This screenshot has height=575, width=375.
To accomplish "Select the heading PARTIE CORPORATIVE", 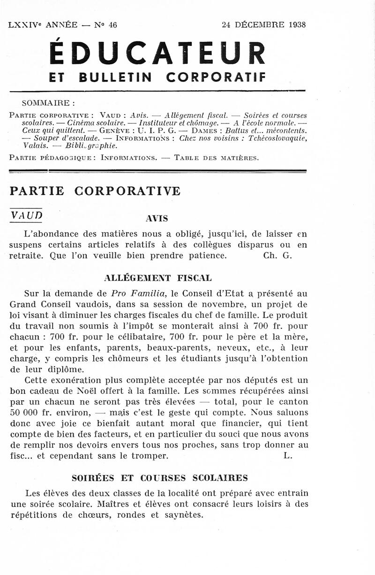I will point(95,191).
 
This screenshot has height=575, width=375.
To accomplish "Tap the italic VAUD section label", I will point(26,215).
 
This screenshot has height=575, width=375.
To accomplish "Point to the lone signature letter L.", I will point(288,455).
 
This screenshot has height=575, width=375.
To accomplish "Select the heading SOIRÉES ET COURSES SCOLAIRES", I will point(159,478).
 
